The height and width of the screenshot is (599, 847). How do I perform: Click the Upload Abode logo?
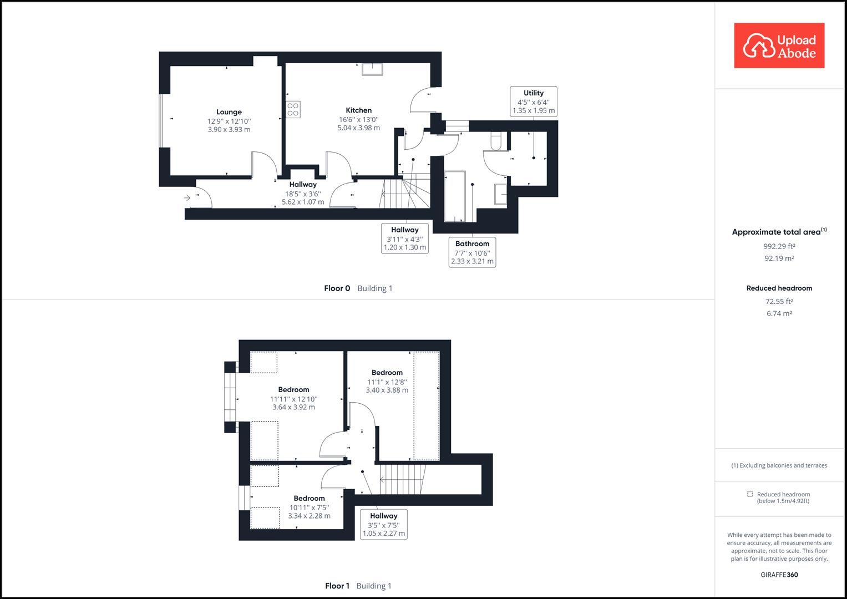[x=779, y=45]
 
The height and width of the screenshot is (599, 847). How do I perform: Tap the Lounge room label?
[x=229, y=112]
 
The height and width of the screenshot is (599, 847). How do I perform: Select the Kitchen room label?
[x=358, y=110]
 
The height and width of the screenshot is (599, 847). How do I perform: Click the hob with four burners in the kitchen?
[x=293, y=109]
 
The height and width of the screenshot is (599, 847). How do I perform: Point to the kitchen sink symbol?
[x=373, y=69]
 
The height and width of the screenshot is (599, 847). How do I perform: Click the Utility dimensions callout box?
[x=533, y=101]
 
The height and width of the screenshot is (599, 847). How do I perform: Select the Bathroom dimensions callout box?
[x=472, y=252]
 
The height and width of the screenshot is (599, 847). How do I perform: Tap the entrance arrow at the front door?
[x=187, y=197]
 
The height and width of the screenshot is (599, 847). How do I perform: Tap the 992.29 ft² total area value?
[x=779, y=246]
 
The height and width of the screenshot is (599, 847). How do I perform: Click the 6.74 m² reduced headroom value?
[x=779, y=313]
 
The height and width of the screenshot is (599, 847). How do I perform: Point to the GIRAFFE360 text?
[x=779, y=575]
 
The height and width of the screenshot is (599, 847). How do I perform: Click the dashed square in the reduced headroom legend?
[x=750, y=494]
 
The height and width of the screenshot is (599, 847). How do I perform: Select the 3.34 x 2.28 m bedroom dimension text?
[x=309, y=516]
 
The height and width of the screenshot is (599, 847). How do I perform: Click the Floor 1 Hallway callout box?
[x=383, y=525]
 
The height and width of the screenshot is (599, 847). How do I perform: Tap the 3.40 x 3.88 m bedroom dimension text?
[x=387, y=390]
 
